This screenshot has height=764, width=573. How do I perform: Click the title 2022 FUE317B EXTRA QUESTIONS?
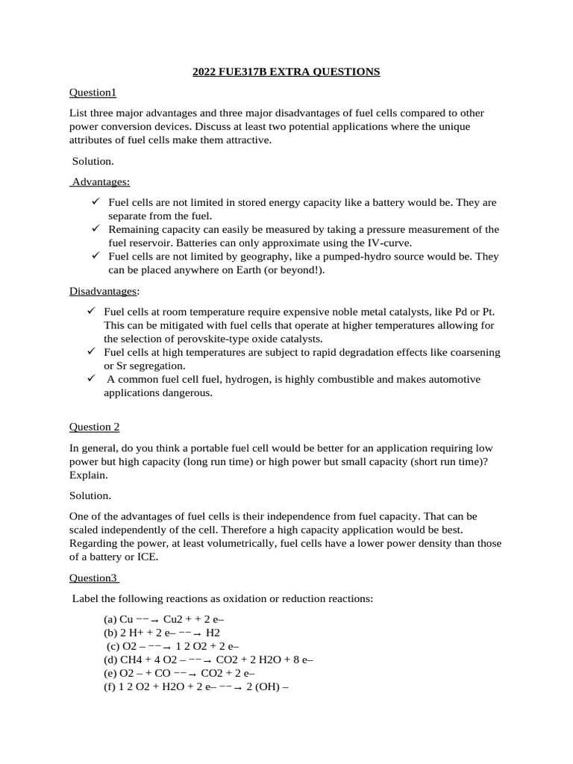(x=286, y=72)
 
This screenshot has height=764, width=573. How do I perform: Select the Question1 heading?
(x=93, y=93)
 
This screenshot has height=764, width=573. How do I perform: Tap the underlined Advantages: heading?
(x=101, y=181)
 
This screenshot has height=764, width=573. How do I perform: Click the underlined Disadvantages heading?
(x=103, y=290)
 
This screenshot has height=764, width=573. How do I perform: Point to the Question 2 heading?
(x=94, y=427)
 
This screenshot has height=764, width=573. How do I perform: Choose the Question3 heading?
(x=93, y=577)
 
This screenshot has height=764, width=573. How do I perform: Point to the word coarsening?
(x=471, y=352)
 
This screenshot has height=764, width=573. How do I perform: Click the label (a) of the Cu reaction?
(x=110, y=619)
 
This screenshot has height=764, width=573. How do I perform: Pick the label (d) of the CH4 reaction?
(x=110, y=660)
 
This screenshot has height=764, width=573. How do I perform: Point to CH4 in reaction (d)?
(x=132, y=660)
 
